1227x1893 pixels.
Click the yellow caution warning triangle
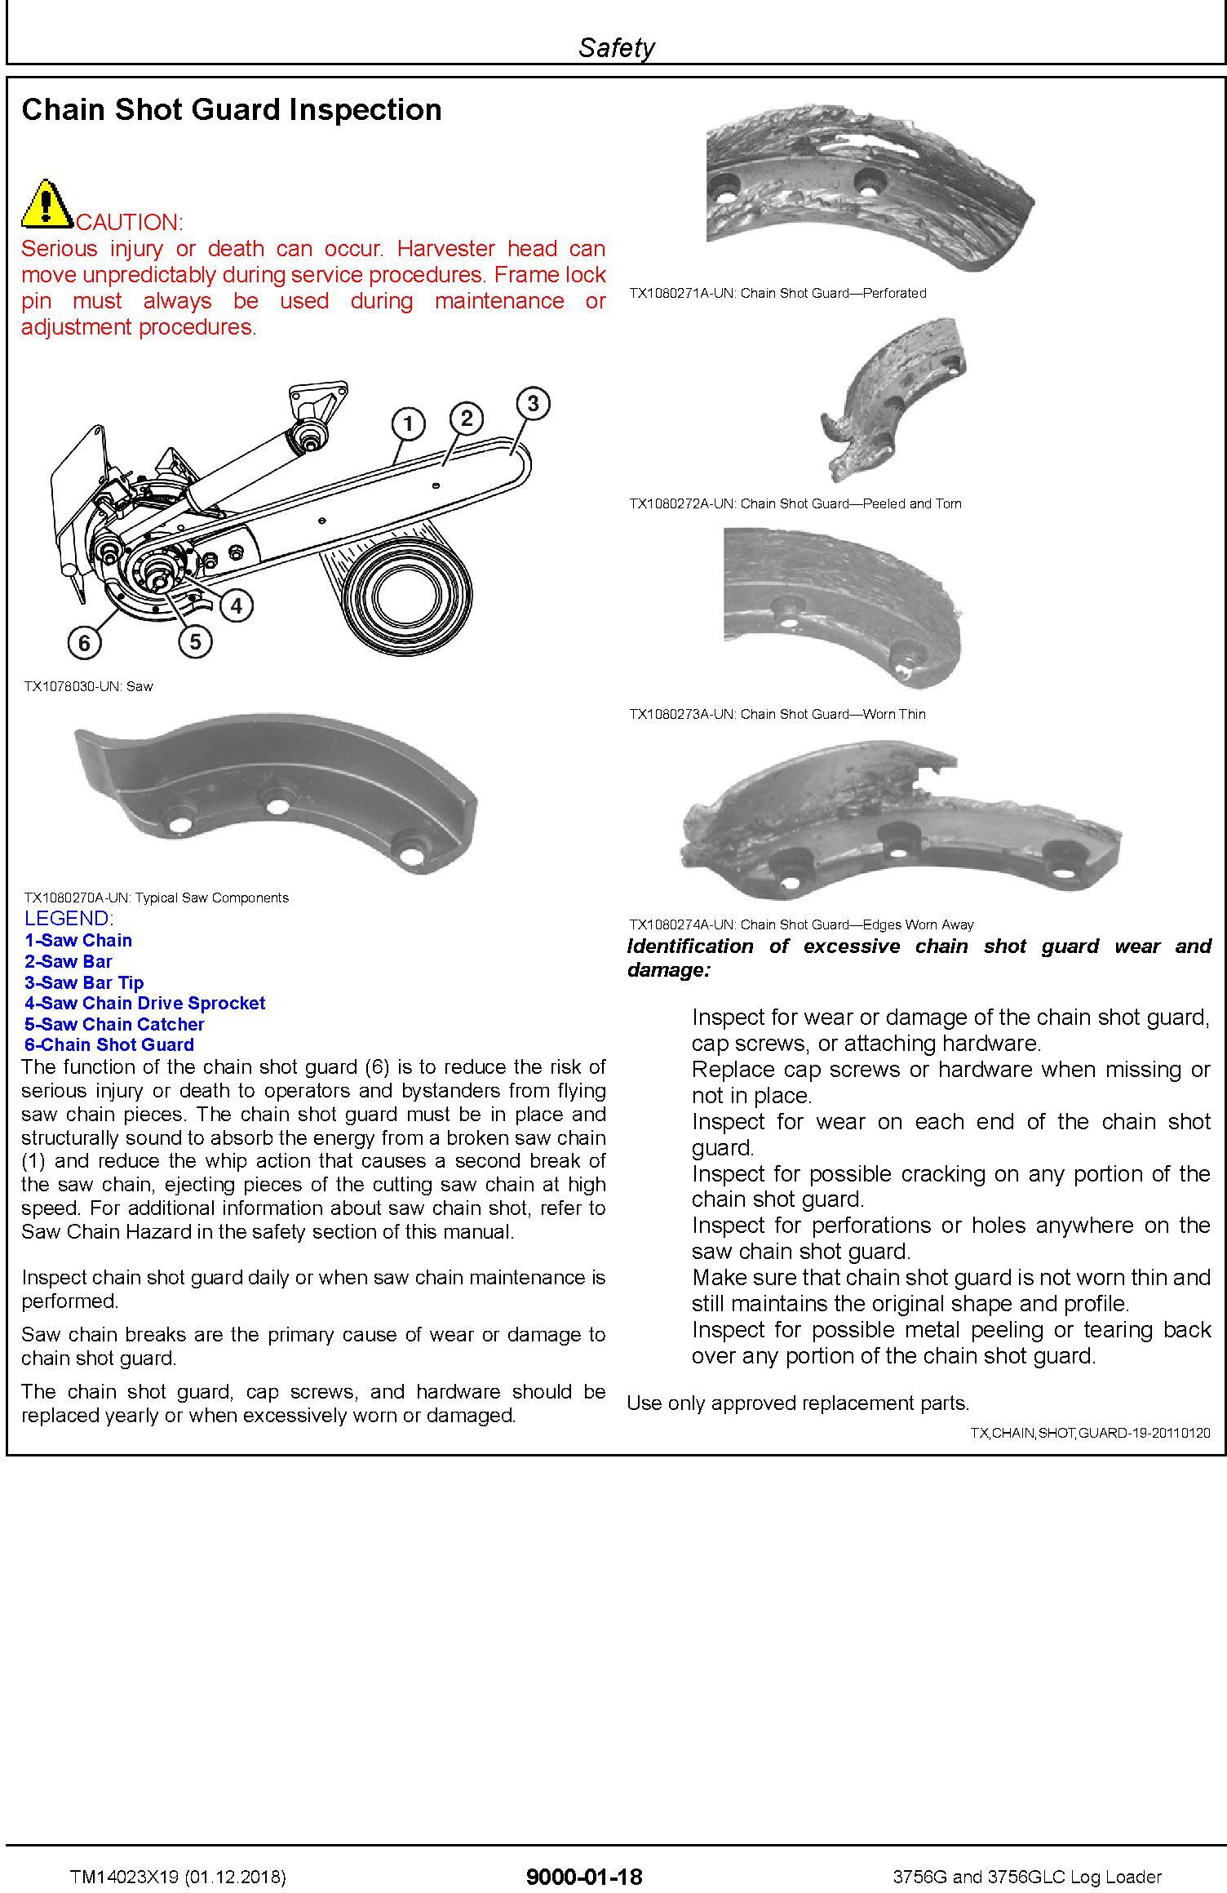[47, 204]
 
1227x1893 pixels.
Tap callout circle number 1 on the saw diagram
[408, 423]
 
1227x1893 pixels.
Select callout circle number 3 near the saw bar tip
[533, 403]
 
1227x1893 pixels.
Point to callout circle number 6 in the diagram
[84, 644]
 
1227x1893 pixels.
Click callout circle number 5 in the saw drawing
[195, 641]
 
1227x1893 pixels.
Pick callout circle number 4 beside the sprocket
[236, 605]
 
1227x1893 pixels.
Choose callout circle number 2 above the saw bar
[466, 419]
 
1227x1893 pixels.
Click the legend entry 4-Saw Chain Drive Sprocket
[144, 1003]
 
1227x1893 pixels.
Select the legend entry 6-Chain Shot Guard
[109, 1044]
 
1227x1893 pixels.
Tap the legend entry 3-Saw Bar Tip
[83, 982]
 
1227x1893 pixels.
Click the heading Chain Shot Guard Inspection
[232, 110]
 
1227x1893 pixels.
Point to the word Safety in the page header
[616, 48]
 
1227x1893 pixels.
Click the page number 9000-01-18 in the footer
[584, 1877]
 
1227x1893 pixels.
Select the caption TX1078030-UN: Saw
[88, 686]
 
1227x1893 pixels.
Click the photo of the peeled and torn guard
[893, 400]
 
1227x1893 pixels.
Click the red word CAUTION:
[130, 222]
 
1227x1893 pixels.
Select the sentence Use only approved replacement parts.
[798, 1403]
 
